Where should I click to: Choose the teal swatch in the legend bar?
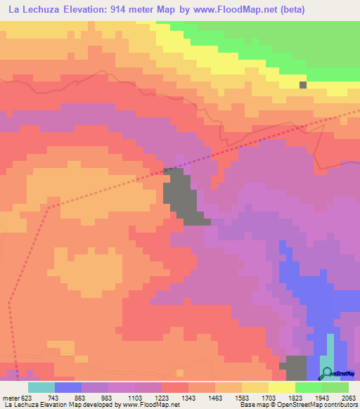(41, 387)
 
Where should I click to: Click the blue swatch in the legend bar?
(68, 387)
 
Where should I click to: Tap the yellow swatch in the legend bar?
(281, 387)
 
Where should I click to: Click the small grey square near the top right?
(303, 85)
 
